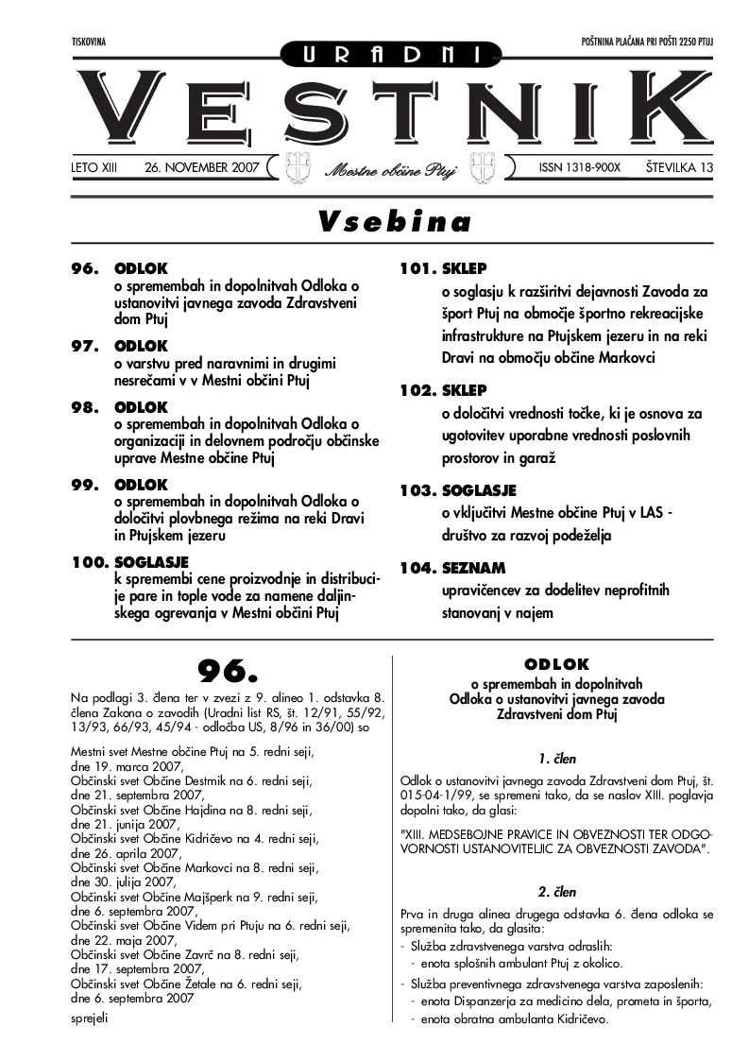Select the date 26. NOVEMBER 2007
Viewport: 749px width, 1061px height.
(x=202, y=167)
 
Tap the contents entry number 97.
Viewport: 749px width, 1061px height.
(x=86, y=347)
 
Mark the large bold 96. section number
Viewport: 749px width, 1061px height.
(x=227, y=671)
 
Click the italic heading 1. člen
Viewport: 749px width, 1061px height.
(x=557, y=758)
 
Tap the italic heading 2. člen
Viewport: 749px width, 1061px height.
(x=557, y=891)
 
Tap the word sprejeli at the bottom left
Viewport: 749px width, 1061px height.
(x=90, y=1018)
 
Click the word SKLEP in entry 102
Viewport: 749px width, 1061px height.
(x=464, y=389)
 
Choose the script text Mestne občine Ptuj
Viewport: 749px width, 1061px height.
(x=391, y=171)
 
